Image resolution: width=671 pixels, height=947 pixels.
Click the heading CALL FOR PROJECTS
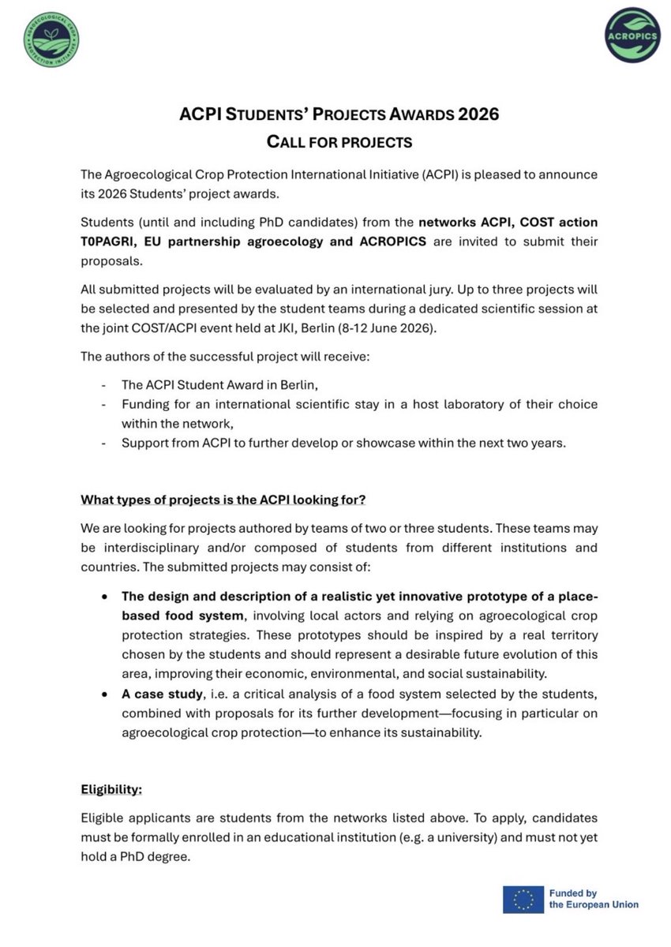[335, 142]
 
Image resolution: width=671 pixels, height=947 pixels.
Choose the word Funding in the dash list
[144, 404]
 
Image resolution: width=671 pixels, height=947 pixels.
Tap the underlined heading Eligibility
[111, 788]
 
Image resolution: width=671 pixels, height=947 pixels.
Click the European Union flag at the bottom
[523, 899]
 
